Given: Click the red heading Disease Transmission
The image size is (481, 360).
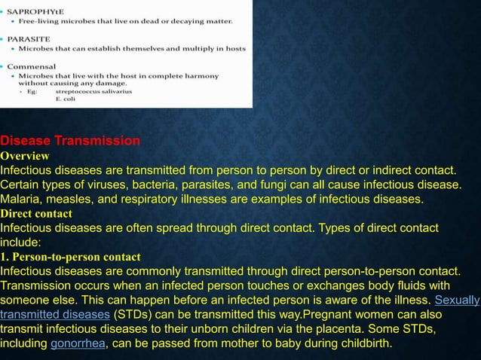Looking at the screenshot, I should [70, 141].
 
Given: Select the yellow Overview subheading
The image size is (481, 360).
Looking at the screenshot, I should [25, 156].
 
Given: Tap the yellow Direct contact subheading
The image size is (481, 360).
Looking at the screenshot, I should [36, 214].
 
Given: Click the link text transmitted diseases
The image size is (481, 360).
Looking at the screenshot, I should [55, 315].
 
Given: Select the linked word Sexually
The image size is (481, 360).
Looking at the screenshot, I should [457, 300].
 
